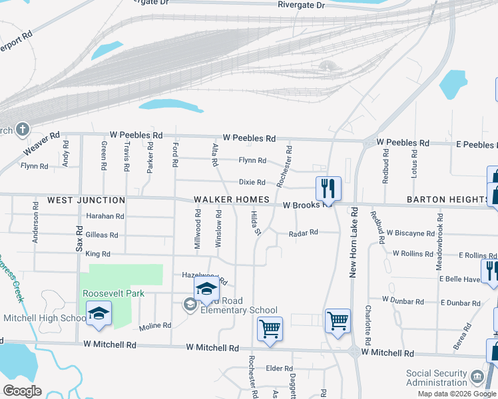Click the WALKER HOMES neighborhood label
pyautogui.click(x=231, y=200)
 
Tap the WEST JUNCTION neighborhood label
pyautogui.click(x=86, y=200)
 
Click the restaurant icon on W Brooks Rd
pyautogui.click(x=328, y=189)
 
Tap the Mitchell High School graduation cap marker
pyautogui.click(x=99, y=315)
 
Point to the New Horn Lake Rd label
pyautogui.click(x=354, y=241)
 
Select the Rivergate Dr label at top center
pyautogui.click(x=302, y=5)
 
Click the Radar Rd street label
pyautogui.click(x=304, y=233)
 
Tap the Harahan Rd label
pyautogui.click(x=105, y=216)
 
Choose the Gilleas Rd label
pyautogui.click(x=101, y=235)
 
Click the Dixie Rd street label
pyautogui.click(x=252, y=182)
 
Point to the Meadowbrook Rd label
pyautogui.click(x=439, y=241)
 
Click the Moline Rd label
pyautogui.click(x=155, y=327)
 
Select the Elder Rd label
pyautogui.click(x=279, y=368)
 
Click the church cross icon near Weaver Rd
pyautogui.click(x=22, y=129)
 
